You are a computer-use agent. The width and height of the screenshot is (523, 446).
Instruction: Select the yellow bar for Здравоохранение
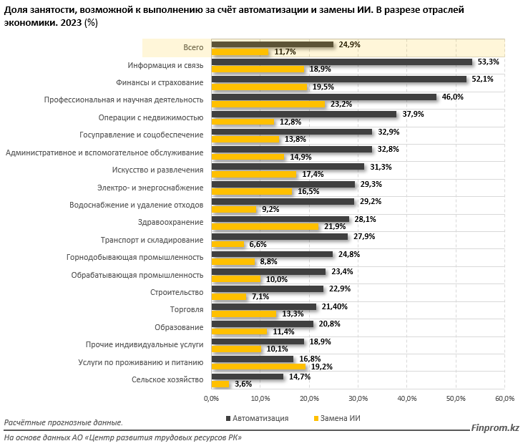coord(265,227)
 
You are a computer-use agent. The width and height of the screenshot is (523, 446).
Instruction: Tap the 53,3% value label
coord(490,62)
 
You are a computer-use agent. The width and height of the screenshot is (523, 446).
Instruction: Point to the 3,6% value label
coord(243,384)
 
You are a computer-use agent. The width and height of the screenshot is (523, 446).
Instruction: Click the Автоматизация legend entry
coord(257,417)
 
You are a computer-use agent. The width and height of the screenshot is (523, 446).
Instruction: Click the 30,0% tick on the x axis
coord(358,398)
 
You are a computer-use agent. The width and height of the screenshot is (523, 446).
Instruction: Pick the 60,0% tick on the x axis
coord(504,398)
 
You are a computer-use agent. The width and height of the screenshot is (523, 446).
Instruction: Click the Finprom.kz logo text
coord(495,428)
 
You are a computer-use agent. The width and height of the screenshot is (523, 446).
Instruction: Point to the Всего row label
coord(193,47)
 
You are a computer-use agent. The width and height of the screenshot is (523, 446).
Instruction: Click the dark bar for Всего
coord(272,44)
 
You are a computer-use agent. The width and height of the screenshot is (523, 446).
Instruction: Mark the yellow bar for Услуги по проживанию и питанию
coord(258,367)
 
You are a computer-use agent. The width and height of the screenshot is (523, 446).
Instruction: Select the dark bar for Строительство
coord(267,289)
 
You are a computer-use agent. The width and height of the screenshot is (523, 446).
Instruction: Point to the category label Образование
coord(177,327)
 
